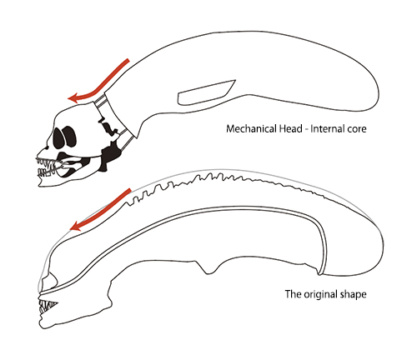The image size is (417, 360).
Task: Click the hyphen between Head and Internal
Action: click(306, 130)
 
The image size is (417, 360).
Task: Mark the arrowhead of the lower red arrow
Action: click(76, 226)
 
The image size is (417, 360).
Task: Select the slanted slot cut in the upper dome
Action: click(207, 92)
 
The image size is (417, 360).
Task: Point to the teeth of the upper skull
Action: click(47, 167)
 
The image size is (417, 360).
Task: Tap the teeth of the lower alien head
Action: click(47, 307)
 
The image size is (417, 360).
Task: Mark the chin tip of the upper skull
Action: click(39, 184)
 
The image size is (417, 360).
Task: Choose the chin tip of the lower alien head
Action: click(41, 326)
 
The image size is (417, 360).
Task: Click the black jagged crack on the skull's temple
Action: click(107, 127)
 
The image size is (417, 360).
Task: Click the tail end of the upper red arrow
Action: click(128, 60)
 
